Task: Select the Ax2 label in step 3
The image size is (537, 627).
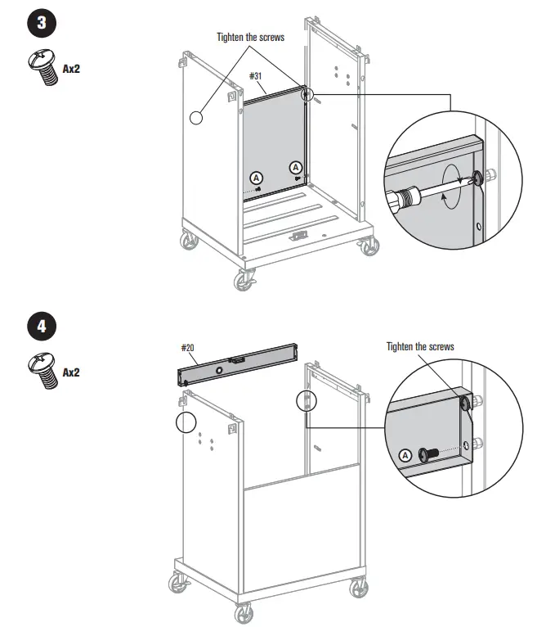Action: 71,69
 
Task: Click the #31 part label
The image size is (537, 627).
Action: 258,77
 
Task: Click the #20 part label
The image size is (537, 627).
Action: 187,348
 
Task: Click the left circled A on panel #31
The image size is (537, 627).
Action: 257,177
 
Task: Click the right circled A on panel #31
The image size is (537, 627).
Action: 296,167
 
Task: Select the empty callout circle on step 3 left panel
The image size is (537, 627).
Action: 196,118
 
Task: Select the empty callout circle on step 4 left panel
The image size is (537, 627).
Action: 186,422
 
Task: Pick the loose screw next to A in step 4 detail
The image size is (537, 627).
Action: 426,454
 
